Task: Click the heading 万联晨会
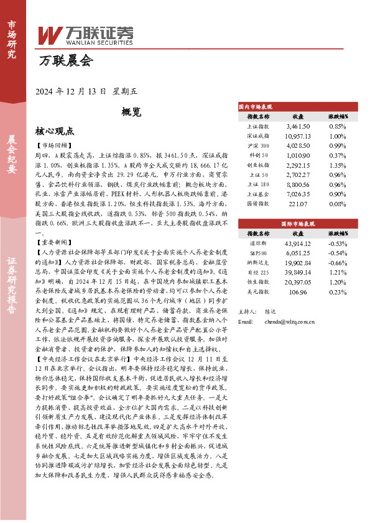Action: click(65, 61)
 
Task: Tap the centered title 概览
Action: click(131, 112)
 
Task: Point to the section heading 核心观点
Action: click(55, 132)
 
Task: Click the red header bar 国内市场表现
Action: click(290, 107)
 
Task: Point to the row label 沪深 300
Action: click(258, 146)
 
